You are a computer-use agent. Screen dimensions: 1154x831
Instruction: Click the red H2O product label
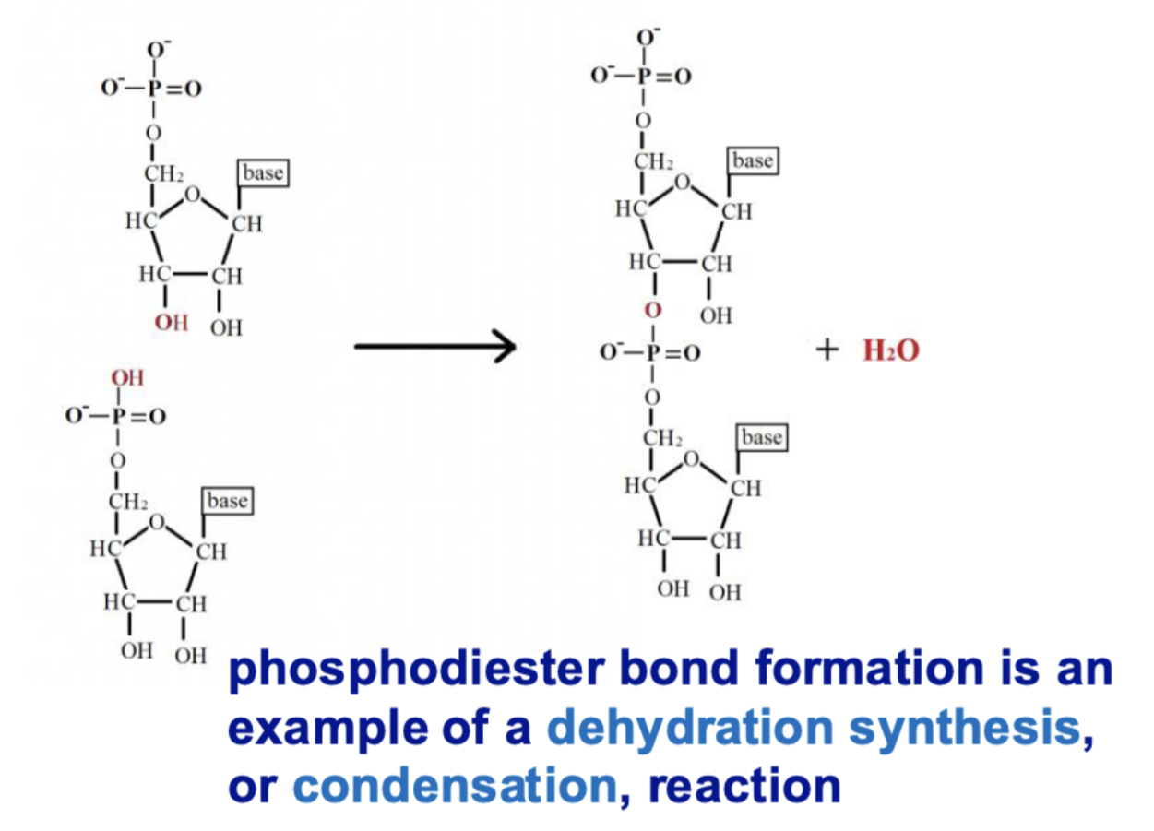[891, 351]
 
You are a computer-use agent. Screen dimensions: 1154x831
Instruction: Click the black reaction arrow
[434, 347]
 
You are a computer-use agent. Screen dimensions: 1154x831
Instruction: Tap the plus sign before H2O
[829, 350]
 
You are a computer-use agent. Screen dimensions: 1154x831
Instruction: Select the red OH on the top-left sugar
[171, 324]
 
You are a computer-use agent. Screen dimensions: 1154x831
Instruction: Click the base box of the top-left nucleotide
[262, 172]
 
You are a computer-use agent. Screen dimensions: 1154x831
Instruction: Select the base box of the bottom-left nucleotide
[228, 501]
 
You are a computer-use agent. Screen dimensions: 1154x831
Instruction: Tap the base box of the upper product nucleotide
[752, 161]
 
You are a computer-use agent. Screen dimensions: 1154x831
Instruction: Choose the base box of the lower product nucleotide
[762, 437]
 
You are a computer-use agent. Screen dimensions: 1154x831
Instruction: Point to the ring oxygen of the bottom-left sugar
[157, 524]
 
